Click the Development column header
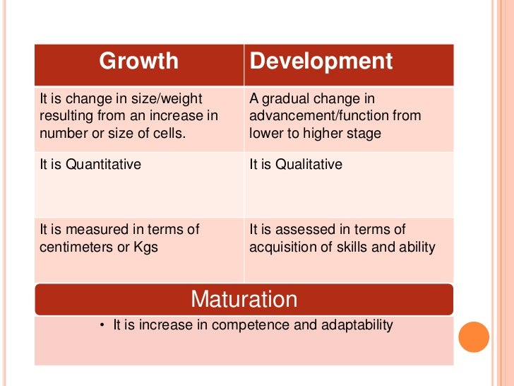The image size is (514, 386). [x=321, y=62]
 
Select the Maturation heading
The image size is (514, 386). [x=244, y=299]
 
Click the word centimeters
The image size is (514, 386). [x=77, y=247]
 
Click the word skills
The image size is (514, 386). [x=359, y=247]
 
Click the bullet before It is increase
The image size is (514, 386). [x=102, y=326]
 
